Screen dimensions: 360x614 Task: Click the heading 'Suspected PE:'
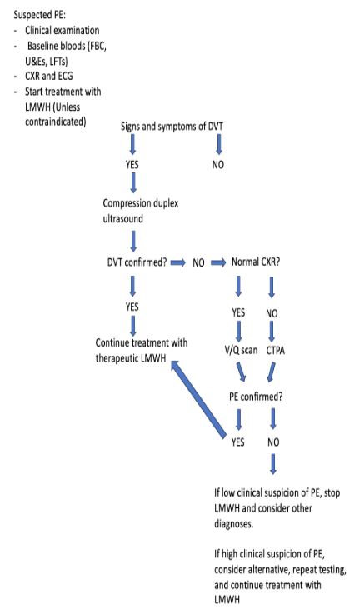[x=39, y=15]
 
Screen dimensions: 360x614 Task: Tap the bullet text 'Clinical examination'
[x=62, y=31]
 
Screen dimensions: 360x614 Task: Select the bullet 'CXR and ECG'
[x=49, y=76]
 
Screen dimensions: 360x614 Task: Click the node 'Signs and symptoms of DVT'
[x=172, y=127]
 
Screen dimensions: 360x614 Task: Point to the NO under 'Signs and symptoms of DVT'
[x=218, y=165]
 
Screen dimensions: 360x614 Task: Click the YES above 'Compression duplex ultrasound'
[x=132, y=165]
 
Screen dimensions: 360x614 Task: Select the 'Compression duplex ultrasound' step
[x=141, y=211]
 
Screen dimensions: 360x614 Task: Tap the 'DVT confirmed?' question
[x=137, y=262]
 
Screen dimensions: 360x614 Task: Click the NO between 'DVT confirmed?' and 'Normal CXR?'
[x=198, y=262]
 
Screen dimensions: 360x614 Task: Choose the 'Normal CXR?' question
[x=256, y=262]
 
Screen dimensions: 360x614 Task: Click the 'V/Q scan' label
[x=241, y=350]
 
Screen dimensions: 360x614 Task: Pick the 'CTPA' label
[x=276, y=351]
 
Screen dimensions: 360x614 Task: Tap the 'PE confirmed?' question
[x=256, y=397]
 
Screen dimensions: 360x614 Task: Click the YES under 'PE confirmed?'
[x=237, y=442]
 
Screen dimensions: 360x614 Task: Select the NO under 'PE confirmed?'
[x=273, y=442]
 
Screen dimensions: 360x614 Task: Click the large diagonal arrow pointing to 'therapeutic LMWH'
[x=198, y=398]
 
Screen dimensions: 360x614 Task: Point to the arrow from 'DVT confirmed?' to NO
[x=178, y=262]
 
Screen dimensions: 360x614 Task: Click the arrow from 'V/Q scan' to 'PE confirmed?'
[x=241, y=371]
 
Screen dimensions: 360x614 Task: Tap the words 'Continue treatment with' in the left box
[x=142, y=343]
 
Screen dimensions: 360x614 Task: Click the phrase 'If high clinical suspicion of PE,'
[x=269, y=554]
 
